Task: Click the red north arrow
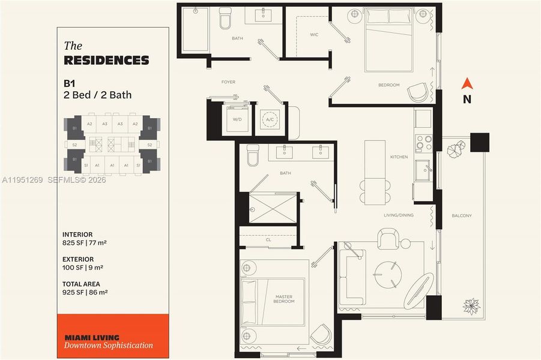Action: [467, 85]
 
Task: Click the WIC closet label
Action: [314, 35]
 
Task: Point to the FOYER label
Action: [228, 82]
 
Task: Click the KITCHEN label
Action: [399, 157]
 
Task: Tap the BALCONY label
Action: [462, 216]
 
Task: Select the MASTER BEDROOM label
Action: [284, 298]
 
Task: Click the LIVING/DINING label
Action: [399, 215]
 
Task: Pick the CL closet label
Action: [268, 238]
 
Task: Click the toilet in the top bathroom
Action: [225, 19]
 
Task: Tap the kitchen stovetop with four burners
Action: [424, 142]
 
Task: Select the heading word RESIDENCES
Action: [106, 61]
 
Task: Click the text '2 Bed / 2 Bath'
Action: [97, 95]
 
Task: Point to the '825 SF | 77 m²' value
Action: [84, 243]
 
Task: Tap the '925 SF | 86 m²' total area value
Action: [85, 292]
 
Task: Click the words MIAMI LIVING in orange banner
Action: [91, 337]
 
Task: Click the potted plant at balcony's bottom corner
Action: [471, 305]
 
